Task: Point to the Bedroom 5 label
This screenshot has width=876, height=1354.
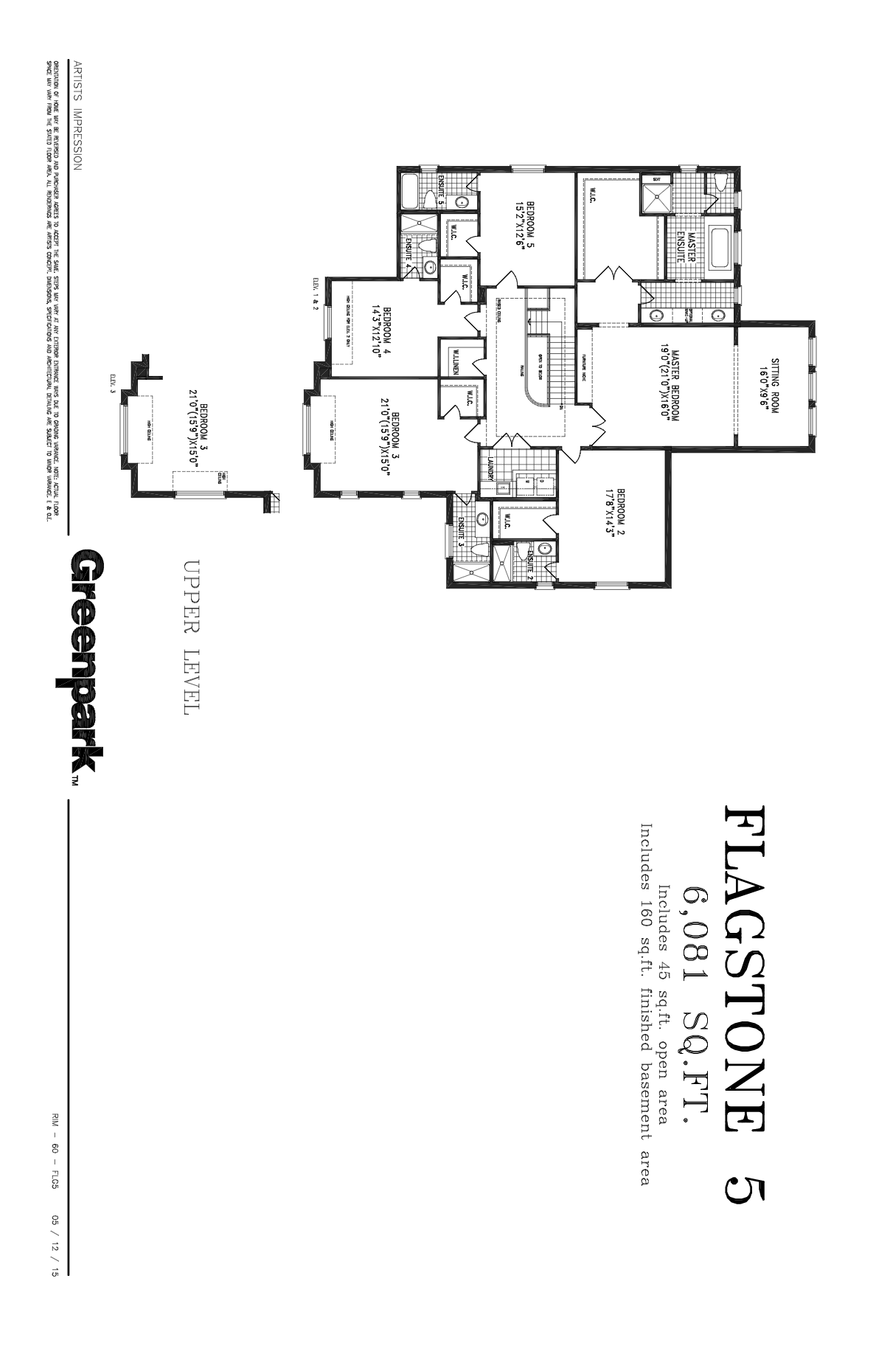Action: click(x=524, y=217)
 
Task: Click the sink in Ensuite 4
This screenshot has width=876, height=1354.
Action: click(x=431, y=267)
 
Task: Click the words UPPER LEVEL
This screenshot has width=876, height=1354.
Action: click(x=190, y=637)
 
